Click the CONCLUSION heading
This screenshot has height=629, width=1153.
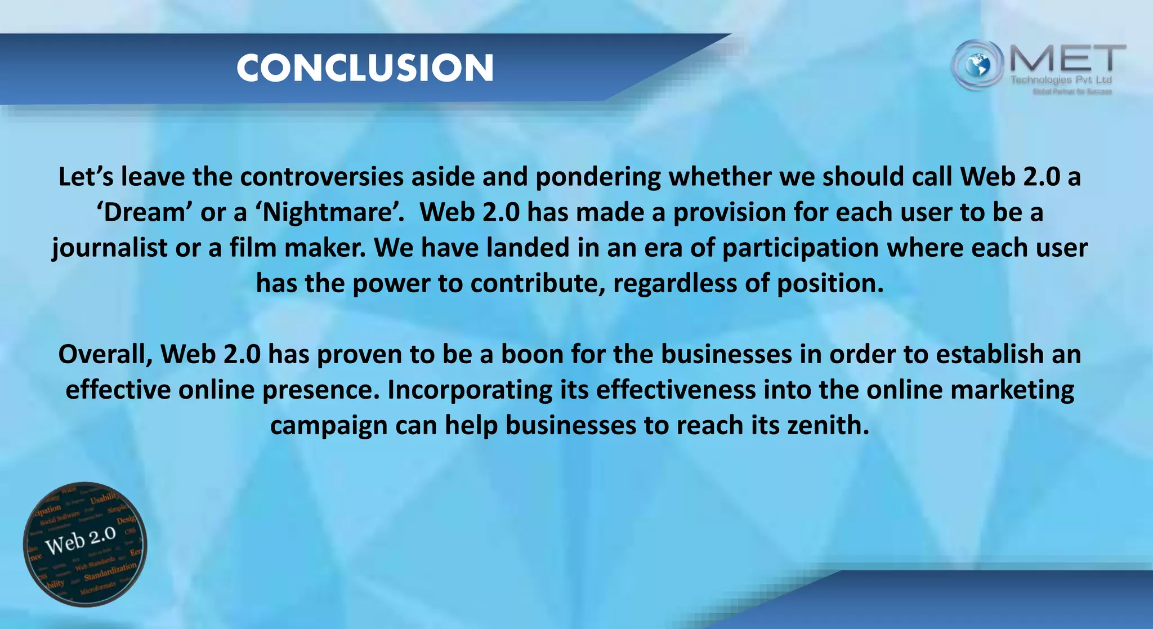pyautogui.click(x=365, y=68)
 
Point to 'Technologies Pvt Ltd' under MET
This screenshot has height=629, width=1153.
pyautogui.click(x=1061, y=80)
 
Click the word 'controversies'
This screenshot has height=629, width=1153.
pyautogui.click(x=321, y=177)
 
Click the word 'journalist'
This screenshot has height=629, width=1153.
pyautogui.click(x=110, y=248)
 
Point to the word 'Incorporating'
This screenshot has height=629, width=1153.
pyautogui.click(x=470, y=390)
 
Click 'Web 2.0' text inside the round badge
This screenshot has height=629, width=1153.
pyautogui.click(x=81, y=541)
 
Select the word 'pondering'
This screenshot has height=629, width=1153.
pyautogui.click(x=598, y=177)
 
